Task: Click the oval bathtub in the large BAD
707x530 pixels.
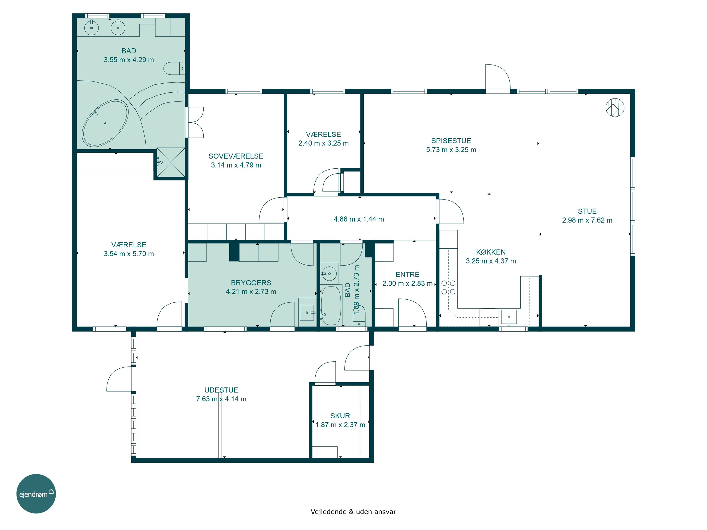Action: point(105,123)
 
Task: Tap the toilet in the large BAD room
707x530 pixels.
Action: point(174,68)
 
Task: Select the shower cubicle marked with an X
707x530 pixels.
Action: point(171,162)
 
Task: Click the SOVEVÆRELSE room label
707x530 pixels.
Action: point(236,156)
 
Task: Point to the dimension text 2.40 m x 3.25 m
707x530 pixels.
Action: point(324,143)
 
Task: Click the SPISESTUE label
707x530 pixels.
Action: point(451,141)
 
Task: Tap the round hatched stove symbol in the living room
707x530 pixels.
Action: point(615,107)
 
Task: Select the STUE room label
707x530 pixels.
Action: point(587,211)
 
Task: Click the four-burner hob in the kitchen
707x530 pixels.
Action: point(448,288)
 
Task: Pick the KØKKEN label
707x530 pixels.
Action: point(491,252)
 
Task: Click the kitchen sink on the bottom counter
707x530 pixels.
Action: point(509,317)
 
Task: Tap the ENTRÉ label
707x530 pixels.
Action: point(407,274)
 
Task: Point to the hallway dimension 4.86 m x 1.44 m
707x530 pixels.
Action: point(359,219)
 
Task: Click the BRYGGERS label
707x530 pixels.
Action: point(251,283)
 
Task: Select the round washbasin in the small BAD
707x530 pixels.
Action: point(329,273)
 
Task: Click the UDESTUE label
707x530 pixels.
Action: point(221,390)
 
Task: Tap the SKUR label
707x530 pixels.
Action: point(340,416)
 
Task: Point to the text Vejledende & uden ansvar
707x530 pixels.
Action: point(353,512)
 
